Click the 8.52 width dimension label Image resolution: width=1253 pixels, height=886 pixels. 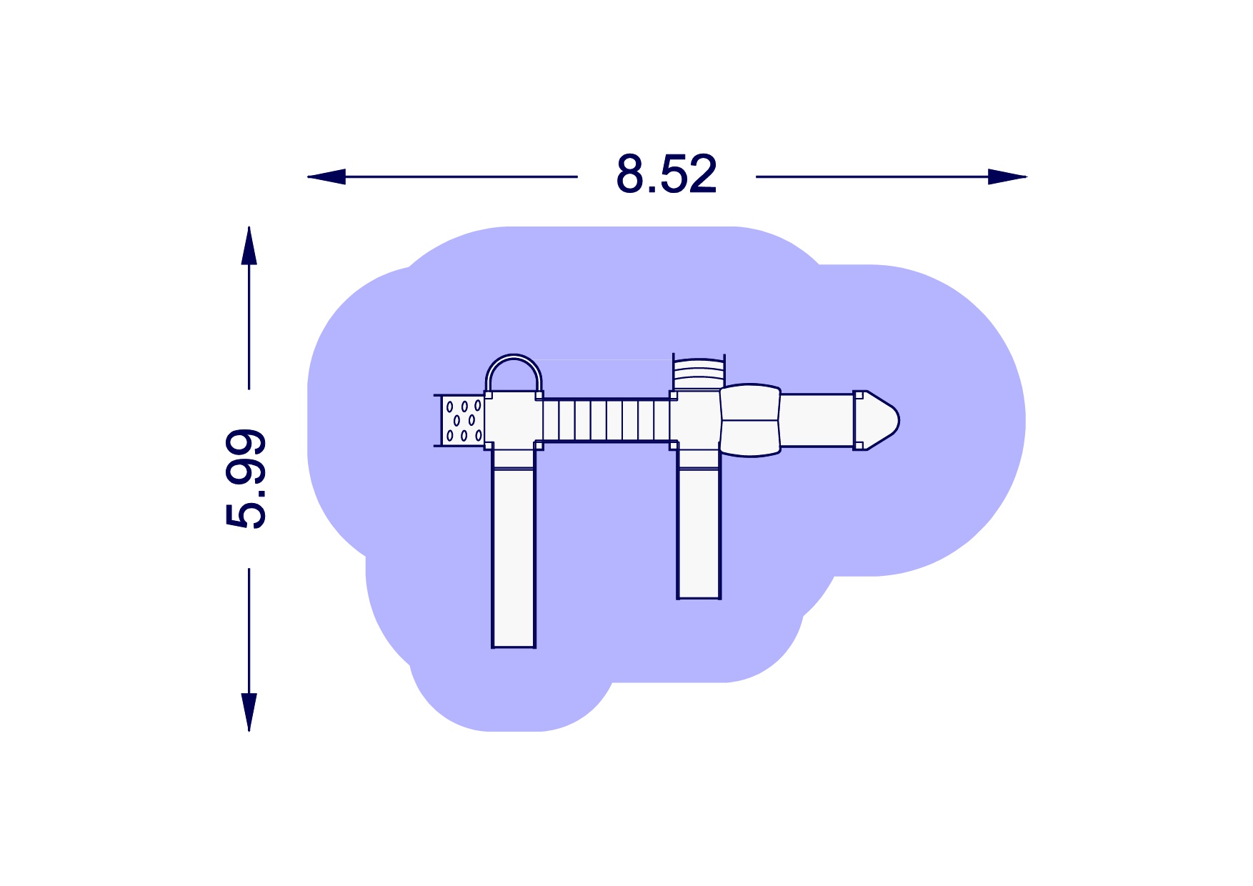(x=667, y=174)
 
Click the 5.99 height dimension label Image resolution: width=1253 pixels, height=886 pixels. (x=246, y=478)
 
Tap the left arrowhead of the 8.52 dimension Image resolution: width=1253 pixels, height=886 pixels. (x=326, y=176)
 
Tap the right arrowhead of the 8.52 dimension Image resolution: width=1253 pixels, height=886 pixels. (x=1007, y=176)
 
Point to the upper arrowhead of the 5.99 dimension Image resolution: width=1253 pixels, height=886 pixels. (x=249, y=246)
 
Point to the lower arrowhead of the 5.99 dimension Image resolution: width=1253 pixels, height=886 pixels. (x=249, y=712)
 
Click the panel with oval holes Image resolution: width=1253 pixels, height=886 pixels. (x=463, y=420)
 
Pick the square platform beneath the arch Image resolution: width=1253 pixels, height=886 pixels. (x=514, y=420)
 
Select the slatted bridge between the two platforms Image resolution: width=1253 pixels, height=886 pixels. (x=606, y=420)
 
